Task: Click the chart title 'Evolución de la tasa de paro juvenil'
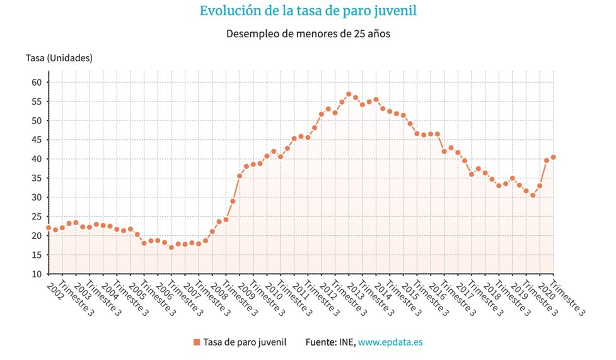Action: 308,11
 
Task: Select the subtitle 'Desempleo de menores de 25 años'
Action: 308,33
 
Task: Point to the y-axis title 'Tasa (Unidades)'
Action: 59,58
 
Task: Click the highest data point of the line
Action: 349,94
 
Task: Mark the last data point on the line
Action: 553,157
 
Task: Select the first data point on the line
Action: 49,228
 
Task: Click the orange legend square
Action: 197,342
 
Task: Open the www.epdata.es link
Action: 391,342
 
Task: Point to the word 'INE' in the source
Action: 348,342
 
